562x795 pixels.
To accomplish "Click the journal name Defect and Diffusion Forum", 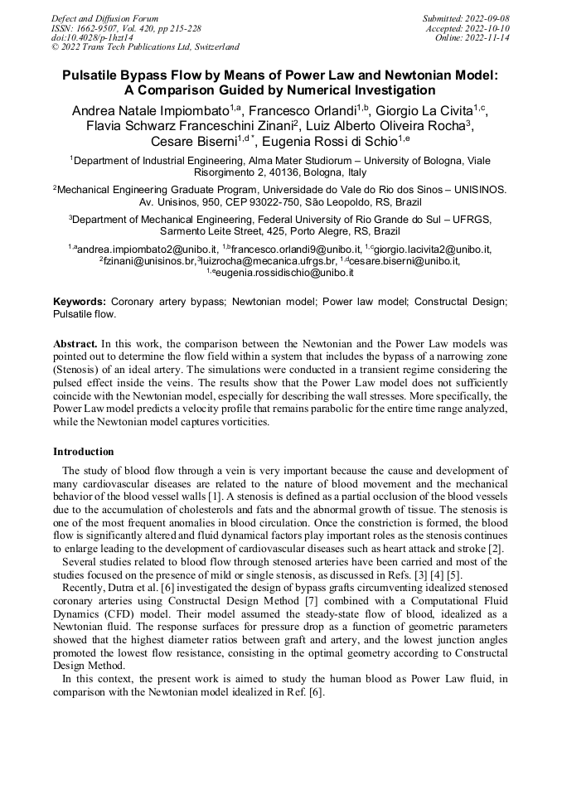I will pyautogui.click(x=104, y=17).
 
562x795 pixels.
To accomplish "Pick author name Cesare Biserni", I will pyautogui.click(x=194, y=142).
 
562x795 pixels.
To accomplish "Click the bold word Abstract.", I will pyautogui.click(x=75, y=343).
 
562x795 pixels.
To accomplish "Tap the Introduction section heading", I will pyautogui.click(x=84, y=452).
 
